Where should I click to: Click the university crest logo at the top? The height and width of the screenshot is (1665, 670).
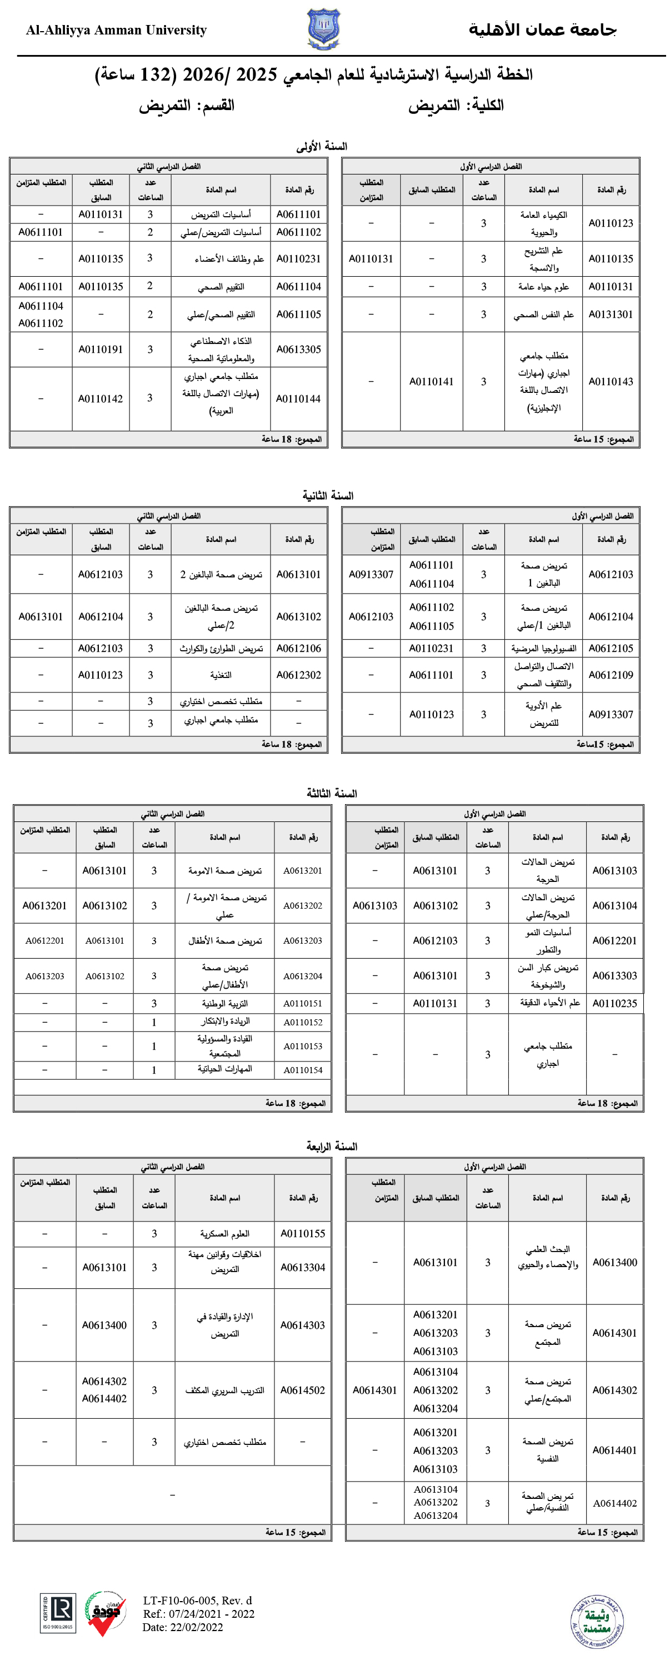(323, 29)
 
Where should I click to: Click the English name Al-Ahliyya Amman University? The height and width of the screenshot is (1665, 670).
(116, 31)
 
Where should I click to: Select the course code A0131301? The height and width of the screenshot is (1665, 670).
(610, 315)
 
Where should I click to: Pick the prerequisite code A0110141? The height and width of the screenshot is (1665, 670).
(431, 382)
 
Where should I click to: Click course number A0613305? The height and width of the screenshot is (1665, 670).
(298, 350)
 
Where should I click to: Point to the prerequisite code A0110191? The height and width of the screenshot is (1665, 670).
(101, 350)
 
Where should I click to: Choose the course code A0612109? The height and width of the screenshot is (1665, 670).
(610, 675)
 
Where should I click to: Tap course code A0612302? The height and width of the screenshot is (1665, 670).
(298, 675)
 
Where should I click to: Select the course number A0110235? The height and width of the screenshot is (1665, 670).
(614, 1004)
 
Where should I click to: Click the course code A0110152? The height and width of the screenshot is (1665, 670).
(302, 1023)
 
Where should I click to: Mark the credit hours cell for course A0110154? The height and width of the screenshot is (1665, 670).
(154, 1070)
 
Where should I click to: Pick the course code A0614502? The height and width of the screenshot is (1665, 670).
(302, 1390)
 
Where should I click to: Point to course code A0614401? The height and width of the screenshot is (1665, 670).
(614, 1450)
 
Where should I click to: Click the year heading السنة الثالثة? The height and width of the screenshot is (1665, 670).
(332, 794)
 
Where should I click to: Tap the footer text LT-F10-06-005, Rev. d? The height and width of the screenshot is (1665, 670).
(198, 1601)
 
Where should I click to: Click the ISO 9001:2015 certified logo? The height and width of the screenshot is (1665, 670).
(58, 1613)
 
